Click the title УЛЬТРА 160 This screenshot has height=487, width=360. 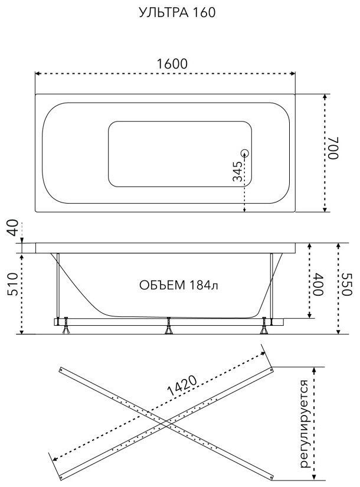click(177, 12)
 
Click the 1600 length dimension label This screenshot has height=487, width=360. click(172, 64)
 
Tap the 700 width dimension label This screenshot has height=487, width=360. click(333, 148)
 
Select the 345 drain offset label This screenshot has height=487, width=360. click(238, 171)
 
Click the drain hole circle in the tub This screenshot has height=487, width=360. click(245, 153)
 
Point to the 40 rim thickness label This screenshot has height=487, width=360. click(13, 228)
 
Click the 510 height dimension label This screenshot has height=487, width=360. click(13, 284)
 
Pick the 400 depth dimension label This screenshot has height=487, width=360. click(318, 284)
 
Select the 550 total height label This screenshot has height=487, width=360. click(346, 285)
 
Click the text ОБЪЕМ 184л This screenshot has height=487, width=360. click(179, 285)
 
